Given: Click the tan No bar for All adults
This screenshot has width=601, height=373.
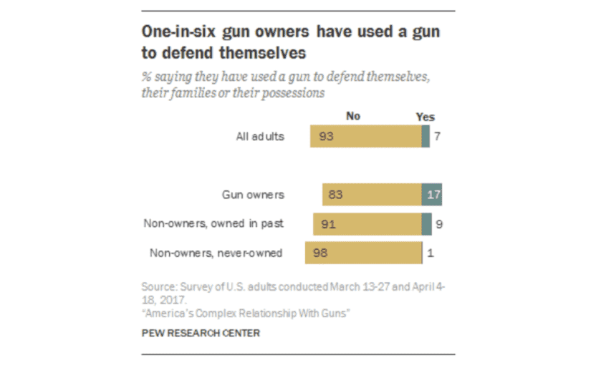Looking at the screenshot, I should click(365, 136).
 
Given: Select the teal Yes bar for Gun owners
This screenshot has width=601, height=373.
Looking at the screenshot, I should click(431, 194).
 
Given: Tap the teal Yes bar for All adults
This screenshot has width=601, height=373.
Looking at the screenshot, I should click(425, 136).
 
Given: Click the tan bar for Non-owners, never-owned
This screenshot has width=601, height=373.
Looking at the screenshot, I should click(362, 253).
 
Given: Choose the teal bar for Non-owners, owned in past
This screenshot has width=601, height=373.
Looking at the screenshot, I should click(426, 223).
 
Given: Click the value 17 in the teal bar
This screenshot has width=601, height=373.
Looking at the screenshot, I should click(432, 194).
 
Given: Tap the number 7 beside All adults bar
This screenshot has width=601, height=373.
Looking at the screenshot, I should click(437, 136).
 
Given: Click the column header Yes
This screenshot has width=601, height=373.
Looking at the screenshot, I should click(425, 117).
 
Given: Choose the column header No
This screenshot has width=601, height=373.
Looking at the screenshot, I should click(352, 117).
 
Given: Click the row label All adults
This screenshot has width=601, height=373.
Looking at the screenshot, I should click(260, 136).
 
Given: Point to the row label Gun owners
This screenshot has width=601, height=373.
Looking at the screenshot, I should click(253, 194).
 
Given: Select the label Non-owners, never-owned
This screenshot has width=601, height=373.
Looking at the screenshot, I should click(216, 253).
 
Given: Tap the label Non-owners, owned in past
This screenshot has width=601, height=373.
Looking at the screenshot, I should click(213, 223).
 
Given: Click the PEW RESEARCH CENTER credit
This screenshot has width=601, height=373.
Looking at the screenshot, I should click(201, 333).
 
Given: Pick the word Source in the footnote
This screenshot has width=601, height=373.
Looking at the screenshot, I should click(157, 286).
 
